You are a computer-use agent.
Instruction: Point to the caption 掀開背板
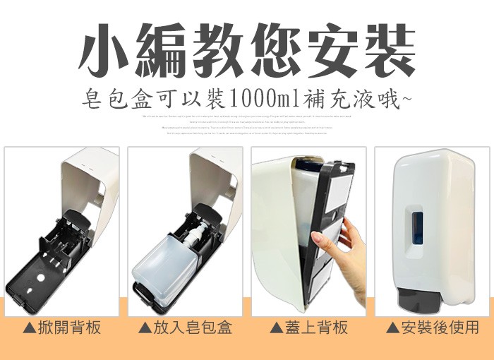(x=68, y=328)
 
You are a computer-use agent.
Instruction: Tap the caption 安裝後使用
(x=440, y=328)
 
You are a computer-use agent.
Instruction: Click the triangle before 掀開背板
(x=30, y=329)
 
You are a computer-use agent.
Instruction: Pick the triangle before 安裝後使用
(x=394, y=329)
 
